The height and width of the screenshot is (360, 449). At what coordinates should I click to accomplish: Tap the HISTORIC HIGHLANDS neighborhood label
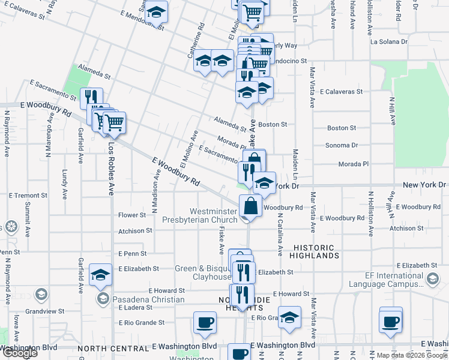pyautogui.click(x=316, y=251)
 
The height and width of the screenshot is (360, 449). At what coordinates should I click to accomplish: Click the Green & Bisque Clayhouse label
pyautogui.click(x=202, y=272)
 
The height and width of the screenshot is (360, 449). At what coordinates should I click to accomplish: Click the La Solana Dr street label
pyautogui.click(x=389, y=42)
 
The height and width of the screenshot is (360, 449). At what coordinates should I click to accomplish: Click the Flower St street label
pyautogui.click(x=132, y=215)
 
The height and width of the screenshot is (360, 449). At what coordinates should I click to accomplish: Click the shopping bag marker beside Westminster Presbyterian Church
pyautogui.click(x=250, y=206)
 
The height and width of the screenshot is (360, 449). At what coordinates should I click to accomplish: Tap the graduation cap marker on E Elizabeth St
pyautogui.click(x=100, y=275)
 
